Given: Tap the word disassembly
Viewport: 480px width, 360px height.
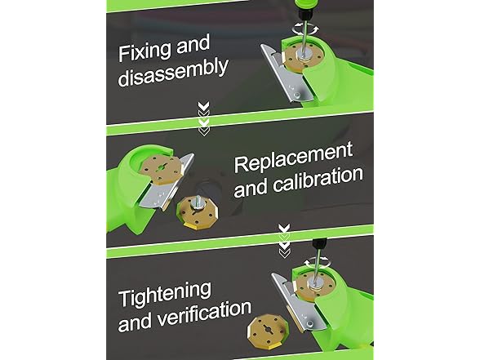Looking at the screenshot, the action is [173, 73].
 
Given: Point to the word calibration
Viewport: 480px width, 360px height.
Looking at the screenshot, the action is [318, 181].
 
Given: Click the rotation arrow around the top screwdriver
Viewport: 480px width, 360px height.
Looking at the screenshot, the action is [305, 29].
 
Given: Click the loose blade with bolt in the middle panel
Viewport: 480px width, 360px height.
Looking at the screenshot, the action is [198, 211].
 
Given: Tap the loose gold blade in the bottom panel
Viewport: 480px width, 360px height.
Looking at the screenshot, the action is [267, 332].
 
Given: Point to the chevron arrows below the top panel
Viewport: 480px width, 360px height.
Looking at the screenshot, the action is [203, 119].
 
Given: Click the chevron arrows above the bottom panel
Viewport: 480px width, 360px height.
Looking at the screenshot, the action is [284, 242].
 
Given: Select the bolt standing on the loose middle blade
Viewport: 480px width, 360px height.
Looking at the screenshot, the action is [198, 202].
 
